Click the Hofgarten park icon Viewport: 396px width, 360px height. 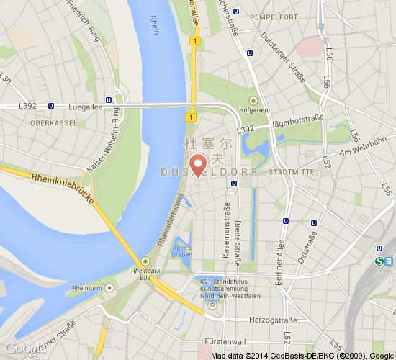coord(253,100)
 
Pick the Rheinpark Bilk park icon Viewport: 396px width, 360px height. coord(146,260)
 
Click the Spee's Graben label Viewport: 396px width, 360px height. coord(181,251)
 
